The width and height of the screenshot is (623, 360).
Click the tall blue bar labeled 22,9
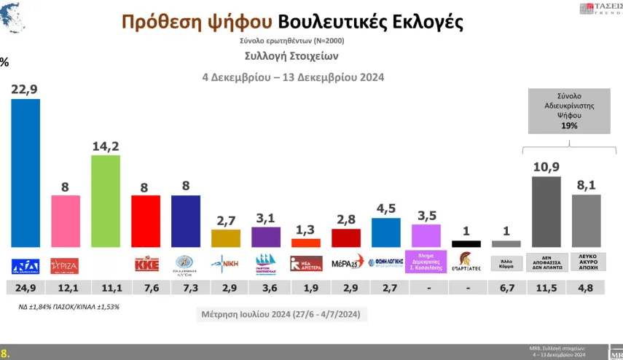(x=26, y=173)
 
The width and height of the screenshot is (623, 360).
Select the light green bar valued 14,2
(x=106, y=201)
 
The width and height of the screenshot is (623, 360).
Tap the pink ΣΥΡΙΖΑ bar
(x=66, y=222)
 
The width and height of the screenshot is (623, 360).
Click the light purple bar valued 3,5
(x=426, y=235)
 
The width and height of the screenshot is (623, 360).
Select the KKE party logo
(x=146, y=263)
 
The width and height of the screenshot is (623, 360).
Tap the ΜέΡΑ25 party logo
(x=345, y=263)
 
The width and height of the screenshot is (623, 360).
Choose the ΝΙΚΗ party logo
(x=225, y=263)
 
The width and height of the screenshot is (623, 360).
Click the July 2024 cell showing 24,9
(x=26, y=288)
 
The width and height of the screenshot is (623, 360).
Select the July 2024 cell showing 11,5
(x=546, y=288)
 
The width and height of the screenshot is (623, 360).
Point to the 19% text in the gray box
(x=569, y=125)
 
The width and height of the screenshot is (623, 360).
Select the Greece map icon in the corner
(x=17, y=18)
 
